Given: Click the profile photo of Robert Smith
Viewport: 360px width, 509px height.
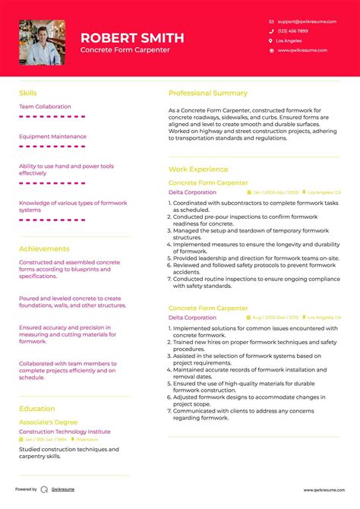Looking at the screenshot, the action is pyautogui.click(x=42, y=43).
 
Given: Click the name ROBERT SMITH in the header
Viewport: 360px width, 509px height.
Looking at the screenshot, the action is pyautogui.click(x=132, y=37).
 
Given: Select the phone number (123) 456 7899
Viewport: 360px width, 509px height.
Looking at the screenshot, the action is pyautogui.click(x=292, y=31).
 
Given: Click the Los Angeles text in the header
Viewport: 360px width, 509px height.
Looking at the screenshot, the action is pyautogui.click(x=289, y=40).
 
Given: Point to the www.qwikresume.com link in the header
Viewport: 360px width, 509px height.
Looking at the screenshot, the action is pyautogui.click(x=302, y=50).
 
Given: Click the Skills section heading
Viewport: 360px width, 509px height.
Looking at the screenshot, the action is pyautogui.click(x=27, y=93).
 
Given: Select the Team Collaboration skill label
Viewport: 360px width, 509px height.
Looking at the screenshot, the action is pyautogui.click(x=45, y=106).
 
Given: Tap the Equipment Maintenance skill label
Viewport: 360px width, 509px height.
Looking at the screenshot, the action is pyautogui.click(x=52, y=137).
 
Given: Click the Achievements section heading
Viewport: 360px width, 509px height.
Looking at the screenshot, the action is pyautogui.click(x=44, y=248).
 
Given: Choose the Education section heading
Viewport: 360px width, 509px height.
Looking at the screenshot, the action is pyautogui.click(x=37, y=409).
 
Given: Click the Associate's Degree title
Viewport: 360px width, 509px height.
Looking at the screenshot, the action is pyautogui.click(x=48, y=422).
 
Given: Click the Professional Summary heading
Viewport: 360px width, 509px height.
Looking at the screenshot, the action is pyautogui.click(x=207, y=93).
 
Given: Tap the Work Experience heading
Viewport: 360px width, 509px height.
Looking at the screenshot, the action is pyautogui.click(x=197, y=169).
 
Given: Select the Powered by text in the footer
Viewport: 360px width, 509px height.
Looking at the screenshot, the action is pyautogui.click(x=26, y=490).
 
